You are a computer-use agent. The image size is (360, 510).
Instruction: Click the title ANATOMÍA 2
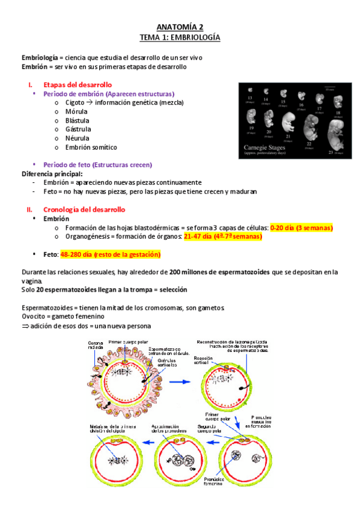tap(180, 27)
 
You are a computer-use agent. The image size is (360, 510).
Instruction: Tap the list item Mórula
tap(76, 111)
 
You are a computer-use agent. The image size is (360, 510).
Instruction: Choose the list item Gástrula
tap(78, 129)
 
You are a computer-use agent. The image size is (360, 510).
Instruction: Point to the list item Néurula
tap(78, 138)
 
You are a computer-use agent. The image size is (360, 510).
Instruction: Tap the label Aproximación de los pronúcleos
tap(168, 429)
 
